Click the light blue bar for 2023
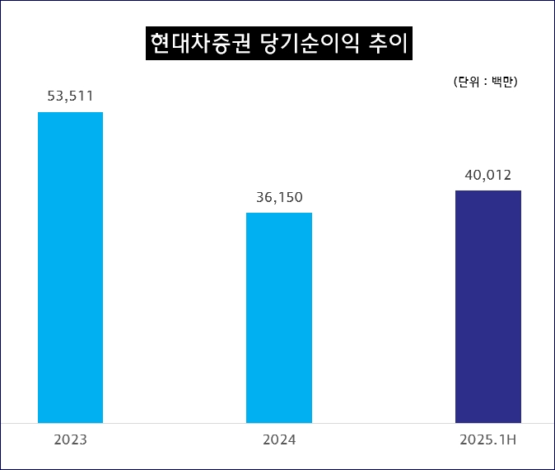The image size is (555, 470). pyautogui.click(x=70, y=267)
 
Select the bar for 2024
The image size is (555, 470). pyautogui.click(x=279, y=317)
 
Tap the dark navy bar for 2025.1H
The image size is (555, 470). pyautogui.click(x=487, y=306)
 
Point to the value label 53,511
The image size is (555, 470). pyautogui.click(x=70, y=96)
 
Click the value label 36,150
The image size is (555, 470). pyautogui.click(x=279, y=197)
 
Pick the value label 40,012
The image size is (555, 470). pyautogui.click(x=487, y=175)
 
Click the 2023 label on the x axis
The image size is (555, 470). pyautogui.click(x=70, y=440)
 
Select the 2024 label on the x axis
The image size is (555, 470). pyautogui.click(x=279, y=440)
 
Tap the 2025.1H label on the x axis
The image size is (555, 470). pyautogui.click(x=487, y=440)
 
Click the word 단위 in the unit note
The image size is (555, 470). pyautogui.click(x=469, y=82)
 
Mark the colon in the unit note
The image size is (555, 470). pyautogui.click(x=486, y=82)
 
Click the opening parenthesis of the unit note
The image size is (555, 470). pyautogui.click(x=455, y=82)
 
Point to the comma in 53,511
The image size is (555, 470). pyautogui.click(x=67, y=101)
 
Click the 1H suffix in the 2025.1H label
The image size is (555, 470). pyautogui.click(x=507, y=440)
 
